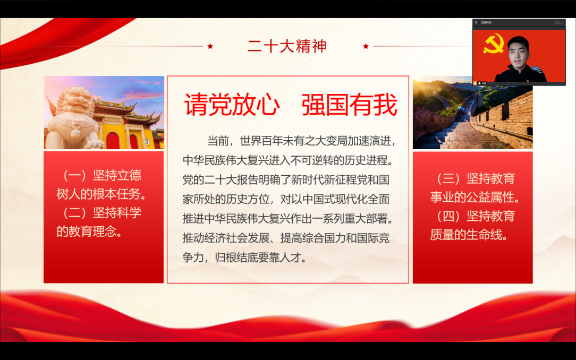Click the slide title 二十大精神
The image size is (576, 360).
(287, 46)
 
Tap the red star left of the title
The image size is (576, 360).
(210, 46)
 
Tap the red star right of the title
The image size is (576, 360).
(366, 46)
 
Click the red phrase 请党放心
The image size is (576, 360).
(232, 105)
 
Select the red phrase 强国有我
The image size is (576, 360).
(349, 105)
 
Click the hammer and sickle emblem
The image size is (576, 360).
(493, 44)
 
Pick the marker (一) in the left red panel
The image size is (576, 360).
(74, 175)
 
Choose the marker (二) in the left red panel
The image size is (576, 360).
(74, 213)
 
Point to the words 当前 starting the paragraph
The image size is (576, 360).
(218, 141)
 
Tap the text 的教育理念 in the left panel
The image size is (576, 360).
(86, 232)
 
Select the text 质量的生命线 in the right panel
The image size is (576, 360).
(466, 235)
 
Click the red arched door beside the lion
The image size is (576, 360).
(113, 140)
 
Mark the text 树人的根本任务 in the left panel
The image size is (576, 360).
(98, 194)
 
